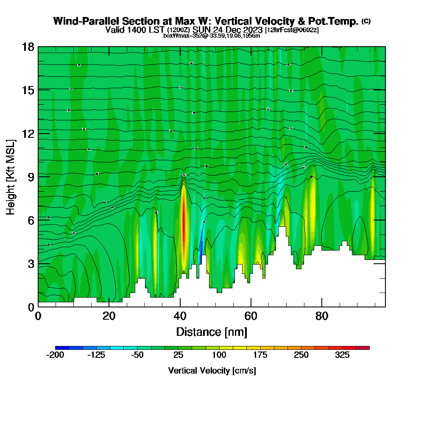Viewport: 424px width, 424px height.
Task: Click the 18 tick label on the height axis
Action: click(x=28, y=47)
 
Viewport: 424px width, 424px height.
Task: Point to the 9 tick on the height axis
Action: click(x=38, y=176)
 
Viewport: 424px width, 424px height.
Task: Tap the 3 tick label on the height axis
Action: click(x=31, y=263)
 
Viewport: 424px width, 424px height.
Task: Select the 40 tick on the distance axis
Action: click(x=180, y=307)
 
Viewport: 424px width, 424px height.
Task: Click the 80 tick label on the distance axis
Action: click(x=322, y=316)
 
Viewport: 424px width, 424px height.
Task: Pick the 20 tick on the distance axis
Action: click(x=109, y=307)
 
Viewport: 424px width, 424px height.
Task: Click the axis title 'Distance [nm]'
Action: click(x=212, y=331)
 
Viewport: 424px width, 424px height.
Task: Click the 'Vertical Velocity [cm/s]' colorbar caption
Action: click(x=212, y=371)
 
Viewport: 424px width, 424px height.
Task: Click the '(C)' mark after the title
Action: click(x=366, y=21)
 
